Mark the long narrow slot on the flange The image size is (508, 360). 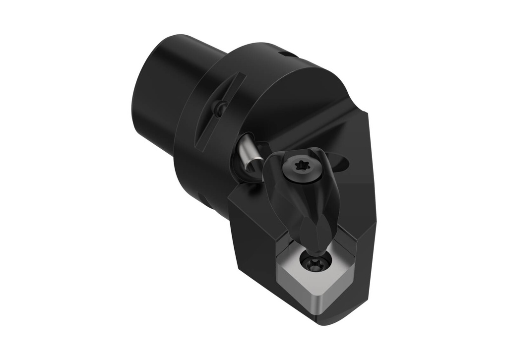[x=218, y=112]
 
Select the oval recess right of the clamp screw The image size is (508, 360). [x=342, y=162]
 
